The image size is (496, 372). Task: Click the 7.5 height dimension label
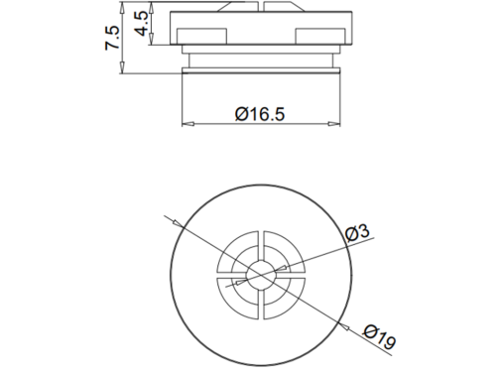(112, 38)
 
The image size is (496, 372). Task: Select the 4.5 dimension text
(141, 23)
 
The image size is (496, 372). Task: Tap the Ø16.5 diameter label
(260, 114)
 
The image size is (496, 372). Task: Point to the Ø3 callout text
(357, 232)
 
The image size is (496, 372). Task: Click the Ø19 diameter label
(379, 337)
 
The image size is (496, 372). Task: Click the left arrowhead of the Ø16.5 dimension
(187, 124)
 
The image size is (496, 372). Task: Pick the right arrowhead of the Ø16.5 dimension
(334, 124)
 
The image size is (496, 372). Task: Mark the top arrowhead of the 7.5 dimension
(122, 8)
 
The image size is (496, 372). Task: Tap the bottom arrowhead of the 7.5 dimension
(122, 67)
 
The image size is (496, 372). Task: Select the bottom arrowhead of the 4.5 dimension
(152, 39)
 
